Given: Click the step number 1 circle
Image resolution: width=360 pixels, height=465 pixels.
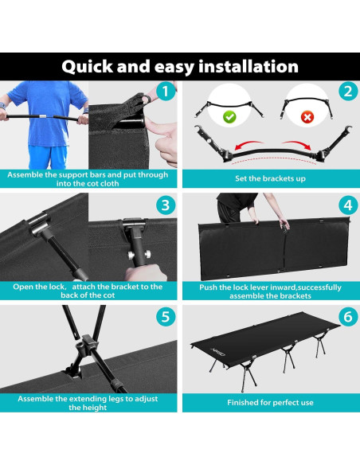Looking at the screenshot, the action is (x=166, y=92).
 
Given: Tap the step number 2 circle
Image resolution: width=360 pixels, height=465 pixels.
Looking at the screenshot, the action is (x=348, y=92).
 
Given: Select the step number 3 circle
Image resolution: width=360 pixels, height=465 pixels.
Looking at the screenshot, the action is (x=166, y=205).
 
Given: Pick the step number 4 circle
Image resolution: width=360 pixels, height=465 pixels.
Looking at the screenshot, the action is (x=348, y=205).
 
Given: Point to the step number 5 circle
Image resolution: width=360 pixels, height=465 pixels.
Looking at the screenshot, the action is (x=166, y=317).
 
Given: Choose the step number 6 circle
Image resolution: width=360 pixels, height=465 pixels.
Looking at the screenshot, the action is (x=348, y=317).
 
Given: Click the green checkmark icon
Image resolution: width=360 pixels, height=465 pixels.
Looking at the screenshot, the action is (x=229, y=116).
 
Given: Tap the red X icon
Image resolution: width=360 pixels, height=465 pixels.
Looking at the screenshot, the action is (x=307, y=117).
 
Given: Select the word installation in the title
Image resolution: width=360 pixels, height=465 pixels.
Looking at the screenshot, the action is (x=248, y=66).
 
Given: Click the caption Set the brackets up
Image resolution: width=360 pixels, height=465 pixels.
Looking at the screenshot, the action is (x=270, y=178).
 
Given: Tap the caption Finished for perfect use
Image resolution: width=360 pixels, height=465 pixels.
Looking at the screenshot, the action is (x=270, y=402).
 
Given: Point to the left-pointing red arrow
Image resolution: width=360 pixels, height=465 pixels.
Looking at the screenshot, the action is (x=248, y=144).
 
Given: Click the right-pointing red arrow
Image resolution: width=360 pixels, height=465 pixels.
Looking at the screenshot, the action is (x=296, y=144).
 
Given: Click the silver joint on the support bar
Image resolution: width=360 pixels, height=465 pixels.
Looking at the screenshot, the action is (x=43, y=116).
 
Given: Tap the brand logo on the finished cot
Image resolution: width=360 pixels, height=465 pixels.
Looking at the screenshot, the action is (x=218, y=352).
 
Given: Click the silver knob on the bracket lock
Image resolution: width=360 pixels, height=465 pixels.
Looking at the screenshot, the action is (x=131, y=255).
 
